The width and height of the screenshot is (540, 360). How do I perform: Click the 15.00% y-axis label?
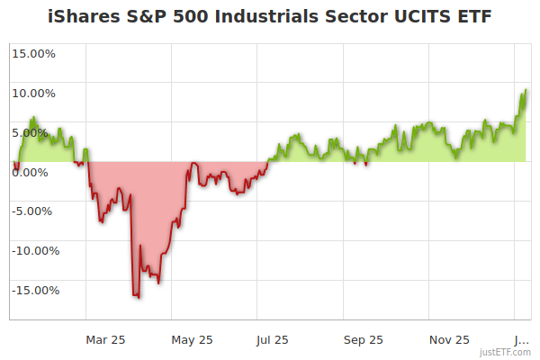[x=33, y=53]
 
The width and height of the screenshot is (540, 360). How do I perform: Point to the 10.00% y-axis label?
[x=33, y=93]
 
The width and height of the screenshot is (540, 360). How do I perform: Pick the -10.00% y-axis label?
[x=32, y=251]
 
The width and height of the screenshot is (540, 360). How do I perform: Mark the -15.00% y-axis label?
[x=32, y=291]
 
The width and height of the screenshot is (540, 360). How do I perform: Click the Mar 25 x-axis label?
[x=105, y=339]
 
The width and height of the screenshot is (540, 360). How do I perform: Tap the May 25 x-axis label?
[x=193, y=339]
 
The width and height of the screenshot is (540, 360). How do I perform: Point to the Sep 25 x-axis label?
[x=364, y=339]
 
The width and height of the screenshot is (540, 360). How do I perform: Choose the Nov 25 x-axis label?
[x=449, y=339]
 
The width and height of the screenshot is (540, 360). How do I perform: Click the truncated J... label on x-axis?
[x=520, y=339]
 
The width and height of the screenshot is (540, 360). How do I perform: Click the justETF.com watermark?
[x=505, y=352]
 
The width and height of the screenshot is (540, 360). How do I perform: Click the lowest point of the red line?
[x=138, y=297]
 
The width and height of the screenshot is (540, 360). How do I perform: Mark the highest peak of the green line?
[x=525, y=90]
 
